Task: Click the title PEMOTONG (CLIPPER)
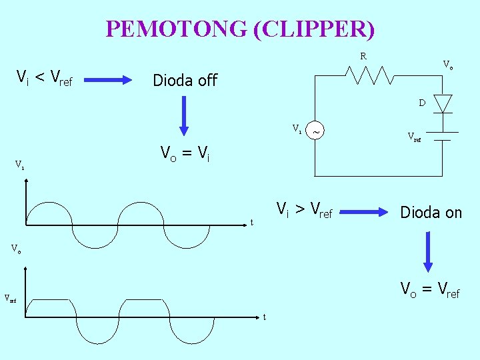click(x=240, y=29)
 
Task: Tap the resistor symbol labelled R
click(x=373, y=76)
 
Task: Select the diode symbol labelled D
click(x=443, y=103)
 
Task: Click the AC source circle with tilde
click(x=315, y=131)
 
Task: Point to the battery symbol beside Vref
click(x=441, y=136)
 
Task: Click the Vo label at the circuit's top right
click(x=449, y=65)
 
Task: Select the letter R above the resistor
click(x=363, y=57)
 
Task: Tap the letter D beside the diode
click(x=422, y=103)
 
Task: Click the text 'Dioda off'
click(x=185, y=81)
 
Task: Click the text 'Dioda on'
click(x=431, y=213)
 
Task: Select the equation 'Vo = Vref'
click(x=429, y=289)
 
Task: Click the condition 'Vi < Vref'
click(x=44, y=79)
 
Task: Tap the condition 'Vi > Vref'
click(x=304, y=211)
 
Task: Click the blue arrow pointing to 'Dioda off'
click(x=113, y=80)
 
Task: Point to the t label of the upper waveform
click(x=251, y=222)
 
